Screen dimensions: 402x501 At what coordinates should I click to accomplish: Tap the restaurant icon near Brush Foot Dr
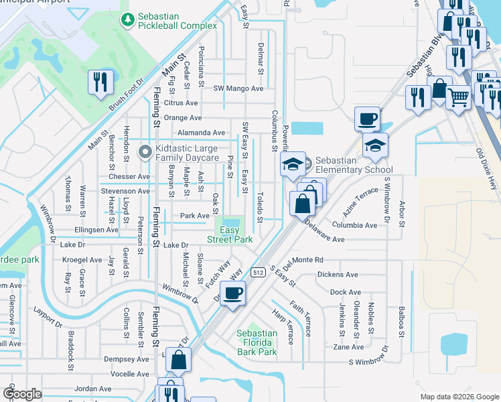(x=100, y=82)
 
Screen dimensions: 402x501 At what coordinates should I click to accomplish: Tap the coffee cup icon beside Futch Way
(x=232, y=293)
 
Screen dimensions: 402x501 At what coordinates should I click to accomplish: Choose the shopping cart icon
(x=458, y=98)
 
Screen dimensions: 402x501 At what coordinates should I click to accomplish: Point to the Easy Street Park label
(x=230, y=234)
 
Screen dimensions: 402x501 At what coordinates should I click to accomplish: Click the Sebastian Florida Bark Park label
(x=257, y=342)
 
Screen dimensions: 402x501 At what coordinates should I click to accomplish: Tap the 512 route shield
(x=258, y=272)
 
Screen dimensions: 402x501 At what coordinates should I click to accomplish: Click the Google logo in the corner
(x=23, y=394)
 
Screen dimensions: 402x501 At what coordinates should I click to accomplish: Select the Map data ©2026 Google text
(x=459, y=397)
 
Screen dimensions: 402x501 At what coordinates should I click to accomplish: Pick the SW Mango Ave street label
(x=238, y=88)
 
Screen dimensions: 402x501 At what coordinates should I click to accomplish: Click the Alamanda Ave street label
(x=201, y=133)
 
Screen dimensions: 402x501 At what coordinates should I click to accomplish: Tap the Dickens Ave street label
(x=338, y=275)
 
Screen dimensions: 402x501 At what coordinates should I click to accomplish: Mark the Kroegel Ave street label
(x=81, y=259)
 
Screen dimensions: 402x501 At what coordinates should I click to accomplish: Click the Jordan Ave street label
(x=93, y=389)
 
